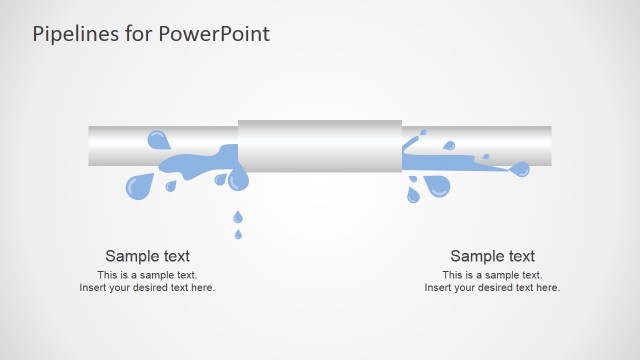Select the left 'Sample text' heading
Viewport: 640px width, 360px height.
pyautogui.click(x=147, y=256)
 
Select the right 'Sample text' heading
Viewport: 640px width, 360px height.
pyautogui.click(x=492, y=256)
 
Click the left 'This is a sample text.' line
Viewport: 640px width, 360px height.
pyautogui.click(x=147, y=275)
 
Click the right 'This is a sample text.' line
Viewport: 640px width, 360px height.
pyautogui.click(x=492, y=275)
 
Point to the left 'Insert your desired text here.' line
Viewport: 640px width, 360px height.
pyautogui.click(x=147, y=288)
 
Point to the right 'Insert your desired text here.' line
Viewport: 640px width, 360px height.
pyautogui.click(x=492, y=288)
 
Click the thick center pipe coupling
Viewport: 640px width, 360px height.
pyautogui.click(x=320, y=145)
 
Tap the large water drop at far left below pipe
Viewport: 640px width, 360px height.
pyautogui.click(x=139, y=185)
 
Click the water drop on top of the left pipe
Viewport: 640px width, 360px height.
pyautogui.click(x=158, y=139)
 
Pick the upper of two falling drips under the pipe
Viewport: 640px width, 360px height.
pyautogui.click(x=237, y=216)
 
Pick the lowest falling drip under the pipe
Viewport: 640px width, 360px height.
pyautogui.click(x=237, y=234)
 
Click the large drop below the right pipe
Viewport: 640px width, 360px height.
pyautogui.click(x=437, y=186)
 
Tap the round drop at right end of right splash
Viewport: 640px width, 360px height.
pyautogui.click(x=520, y=169)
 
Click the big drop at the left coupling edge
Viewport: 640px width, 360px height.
pyautogui.click(x=238, y=180)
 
